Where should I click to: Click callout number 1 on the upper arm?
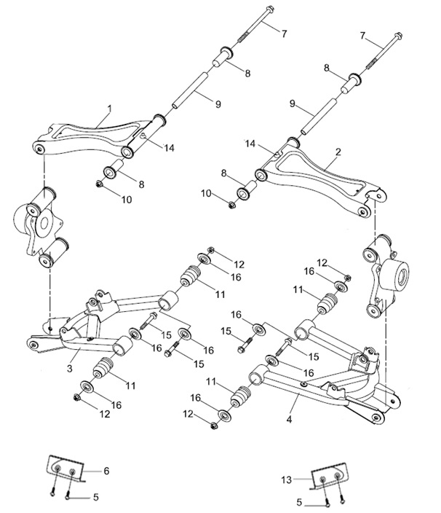coord(109,109)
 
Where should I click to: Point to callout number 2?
coord(338,152)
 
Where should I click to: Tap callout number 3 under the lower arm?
coord(70,369)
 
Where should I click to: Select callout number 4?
coord(289,419)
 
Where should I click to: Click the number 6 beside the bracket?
coord(106,471)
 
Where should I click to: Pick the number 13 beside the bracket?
coord(286,480)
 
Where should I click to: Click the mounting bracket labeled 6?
coord(66,468)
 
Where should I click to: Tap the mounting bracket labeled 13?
coord(328,476)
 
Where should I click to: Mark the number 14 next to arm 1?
coord(169,148)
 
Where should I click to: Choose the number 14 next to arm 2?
coord(250,144)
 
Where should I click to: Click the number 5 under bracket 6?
coord(96,497)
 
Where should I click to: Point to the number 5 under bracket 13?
coord(300,502)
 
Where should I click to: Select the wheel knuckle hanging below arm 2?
coord(386,275)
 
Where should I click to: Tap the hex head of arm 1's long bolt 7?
coord(269,9)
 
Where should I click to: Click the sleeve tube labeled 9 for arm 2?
coord(318,116)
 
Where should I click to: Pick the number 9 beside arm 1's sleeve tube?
coord(218,104)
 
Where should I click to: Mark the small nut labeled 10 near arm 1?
coord(98,184)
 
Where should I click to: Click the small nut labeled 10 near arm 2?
coord(232,205)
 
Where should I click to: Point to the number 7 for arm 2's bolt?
coord(362,35)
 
